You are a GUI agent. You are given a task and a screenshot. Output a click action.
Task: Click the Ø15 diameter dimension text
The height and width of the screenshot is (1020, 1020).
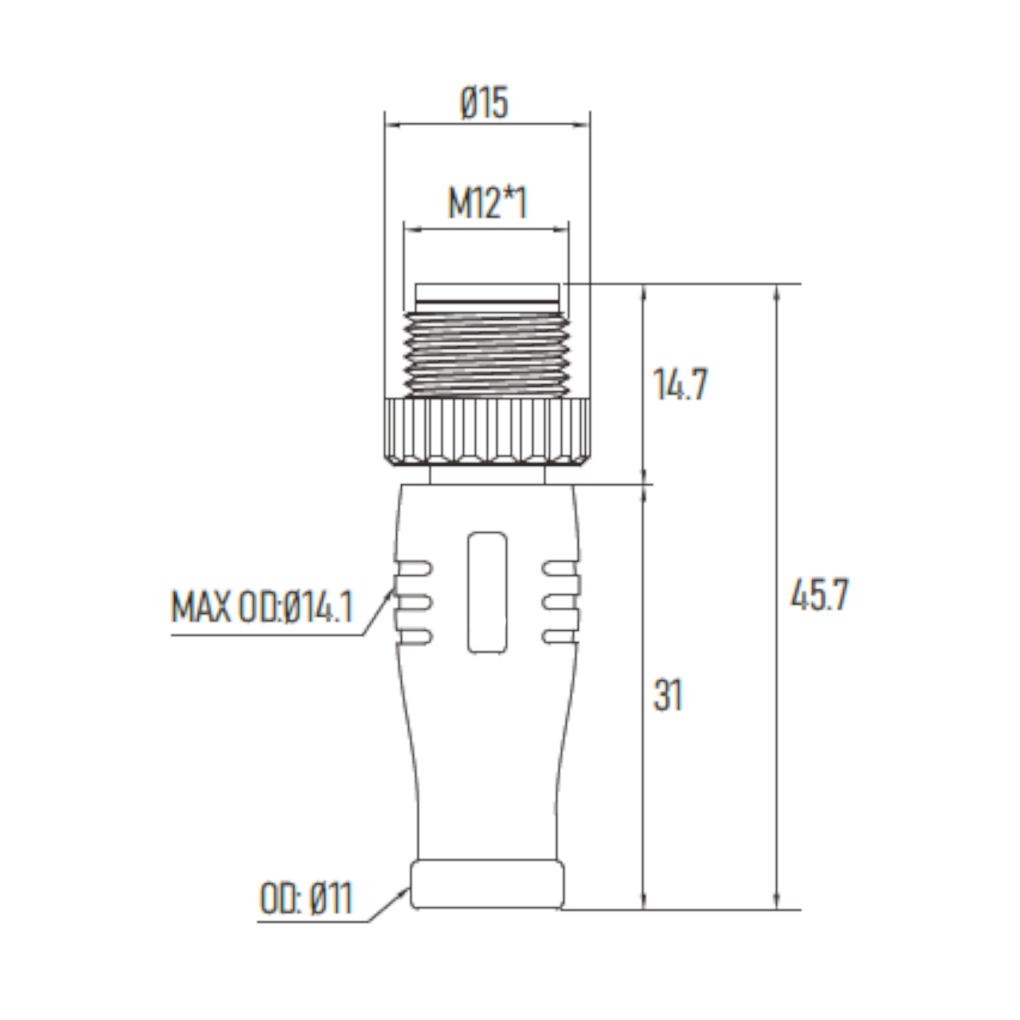484,103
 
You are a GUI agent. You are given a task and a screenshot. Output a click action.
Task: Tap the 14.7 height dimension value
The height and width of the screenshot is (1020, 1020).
680,384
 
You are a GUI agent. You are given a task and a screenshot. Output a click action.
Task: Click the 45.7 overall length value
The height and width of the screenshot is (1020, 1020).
819,595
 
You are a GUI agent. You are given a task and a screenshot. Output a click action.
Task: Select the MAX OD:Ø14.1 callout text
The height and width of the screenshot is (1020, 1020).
262,608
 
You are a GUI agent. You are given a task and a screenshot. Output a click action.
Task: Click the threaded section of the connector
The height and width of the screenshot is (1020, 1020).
486,355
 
